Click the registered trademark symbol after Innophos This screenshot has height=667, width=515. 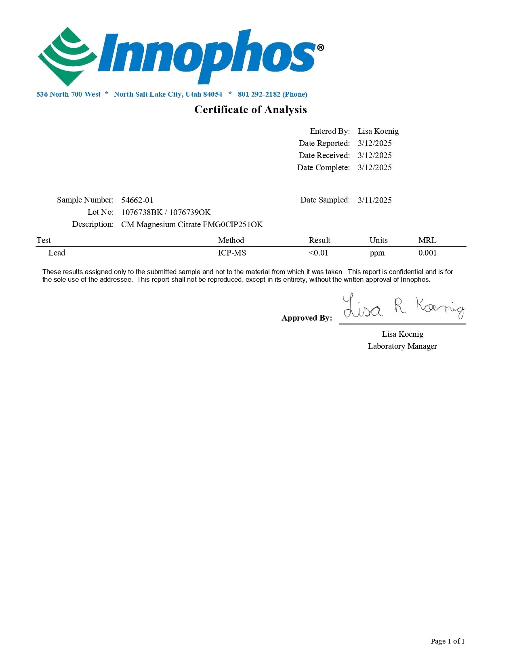tap(320, 48)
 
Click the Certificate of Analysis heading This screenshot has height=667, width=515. tap(250, 110)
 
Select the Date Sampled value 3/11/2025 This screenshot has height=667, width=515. tap(374, 200)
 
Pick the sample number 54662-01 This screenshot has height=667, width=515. tap(137, 200)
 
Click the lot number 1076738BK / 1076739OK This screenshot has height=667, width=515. tap(166, 212)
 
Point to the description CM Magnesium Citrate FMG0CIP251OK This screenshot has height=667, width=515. tap(192, 224)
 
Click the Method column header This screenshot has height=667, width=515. tap(231, 240)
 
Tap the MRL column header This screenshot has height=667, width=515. tap(427, 240)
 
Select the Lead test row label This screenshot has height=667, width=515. tap(57, 253)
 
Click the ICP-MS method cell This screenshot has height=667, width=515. tap(232, 253)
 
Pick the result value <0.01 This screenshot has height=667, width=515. tap(318, 253)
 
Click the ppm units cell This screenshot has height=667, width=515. tap(377, 253)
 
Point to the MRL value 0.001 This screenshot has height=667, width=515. tap(427, 253)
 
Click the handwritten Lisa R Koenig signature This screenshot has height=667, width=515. tap(403, 308)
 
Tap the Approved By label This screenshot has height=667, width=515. tap(307, 318)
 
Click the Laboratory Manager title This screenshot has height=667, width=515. tap(402, 346)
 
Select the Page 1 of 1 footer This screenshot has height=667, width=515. tap(448, 641)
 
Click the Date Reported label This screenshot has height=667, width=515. tap(324, 143)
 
